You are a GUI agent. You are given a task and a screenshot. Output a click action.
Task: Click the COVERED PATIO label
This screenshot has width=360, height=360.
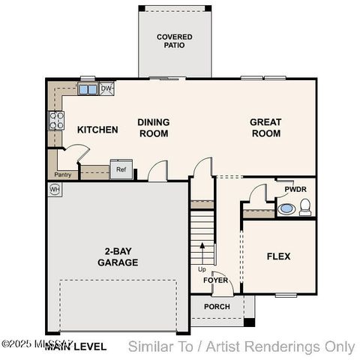pyautogui.click(x=174, y=40)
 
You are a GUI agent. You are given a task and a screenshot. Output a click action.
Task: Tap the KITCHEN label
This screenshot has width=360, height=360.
pyautogui.click(x=97, y=130)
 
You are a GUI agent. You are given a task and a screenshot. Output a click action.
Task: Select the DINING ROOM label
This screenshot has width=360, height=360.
pyautogui.click(x=153, y=127)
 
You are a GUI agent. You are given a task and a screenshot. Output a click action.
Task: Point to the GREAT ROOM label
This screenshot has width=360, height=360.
pyautogui.click(x=265, y=127)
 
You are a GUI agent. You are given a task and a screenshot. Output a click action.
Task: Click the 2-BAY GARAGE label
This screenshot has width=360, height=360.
pyautogui.click(x=117, y=257)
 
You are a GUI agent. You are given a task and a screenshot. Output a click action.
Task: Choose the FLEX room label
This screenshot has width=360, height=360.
pyautogui.click(x=278, y=256)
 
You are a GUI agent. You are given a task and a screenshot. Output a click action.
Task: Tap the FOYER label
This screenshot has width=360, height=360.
pyautogui.click(x=216, y=280)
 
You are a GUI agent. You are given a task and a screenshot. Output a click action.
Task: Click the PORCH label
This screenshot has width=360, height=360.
pyautogui.click(x=217, y=307)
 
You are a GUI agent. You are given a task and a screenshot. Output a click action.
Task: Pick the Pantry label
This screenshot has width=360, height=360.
pyautogui.click(x=63, y=175)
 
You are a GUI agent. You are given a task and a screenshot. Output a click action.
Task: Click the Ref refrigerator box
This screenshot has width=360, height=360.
pyautogui.click(x=121, y=169)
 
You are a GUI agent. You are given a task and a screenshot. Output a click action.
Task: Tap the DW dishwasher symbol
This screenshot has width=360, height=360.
pyautogui.click(x=106, y=88)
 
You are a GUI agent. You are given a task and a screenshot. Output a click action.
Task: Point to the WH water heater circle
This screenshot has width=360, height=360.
pyautogui.click(x=55, y=190)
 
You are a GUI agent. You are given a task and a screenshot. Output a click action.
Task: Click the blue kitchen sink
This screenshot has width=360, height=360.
pyautogui.click(x=88, y=90)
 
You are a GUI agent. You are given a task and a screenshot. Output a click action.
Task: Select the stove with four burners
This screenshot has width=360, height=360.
pyautogui.click(x=56, y=121)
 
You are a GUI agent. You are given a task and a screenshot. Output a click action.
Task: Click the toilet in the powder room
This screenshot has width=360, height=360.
pyautogui.click(x=305, y=208)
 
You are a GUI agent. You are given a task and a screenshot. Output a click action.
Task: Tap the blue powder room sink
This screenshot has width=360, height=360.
pyautogui.click(x=286, y=208)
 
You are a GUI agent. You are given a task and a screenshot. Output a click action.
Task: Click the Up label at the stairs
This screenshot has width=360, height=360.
pyautogui.click(x=202, y=269)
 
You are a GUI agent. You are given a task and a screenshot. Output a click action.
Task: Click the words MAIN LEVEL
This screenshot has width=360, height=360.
pyautogui.click(x=75, y=346)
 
